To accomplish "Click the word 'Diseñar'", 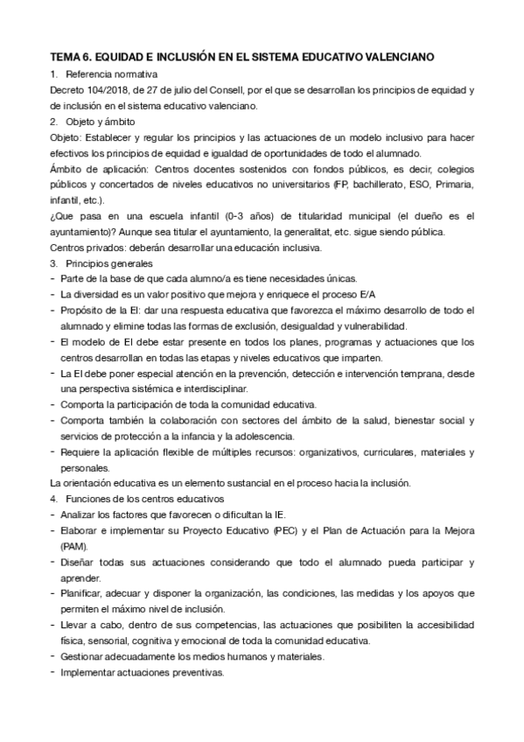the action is (80, 563).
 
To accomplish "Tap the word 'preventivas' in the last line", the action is (199, 672).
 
